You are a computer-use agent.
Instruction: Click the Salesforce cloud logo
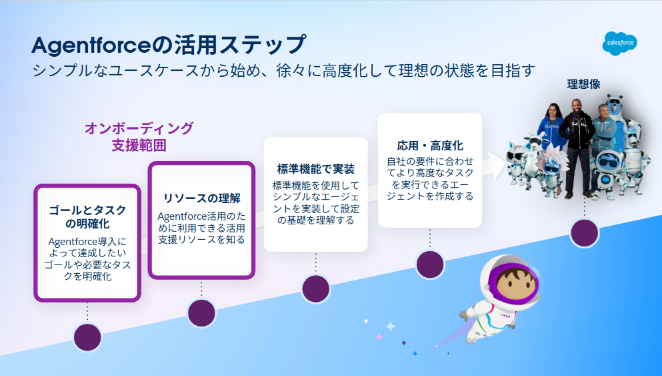click(x=619, y=43)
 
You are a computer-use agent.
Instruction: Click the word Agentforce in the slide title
click(x=91, y=45)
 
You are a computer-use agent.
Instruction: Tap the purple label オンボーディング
click(x=139, y=128)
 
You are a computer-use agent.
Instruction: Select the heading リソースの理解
click(x=201, y=198)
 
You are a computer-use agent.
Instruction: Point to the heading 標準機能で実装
click(x=316, y=169)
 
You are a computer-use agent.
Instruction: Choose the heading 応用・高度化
click(x=430, y=146)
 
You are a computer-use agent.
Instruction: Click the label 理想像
click(x=583, y=84)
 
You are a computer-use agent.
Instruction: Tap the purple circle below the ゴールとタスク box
click(x=87, y=337)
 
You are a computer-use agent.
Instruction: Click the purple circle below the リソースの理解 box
click(x=201, y=313)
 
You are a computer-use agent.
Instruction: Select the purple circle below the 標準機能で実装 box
click(x=316, y=289)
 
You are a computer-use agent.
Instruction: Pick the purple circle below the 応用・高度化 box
click(x=430, y=264)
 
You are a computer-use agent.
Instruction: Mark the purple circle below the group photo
click(x=584, y=233)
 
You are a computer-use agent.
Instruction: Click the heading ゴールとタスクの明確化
click(x=87, y=216)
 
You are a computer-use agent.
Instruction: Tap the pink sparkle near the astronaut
click(x=379, y=337)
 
